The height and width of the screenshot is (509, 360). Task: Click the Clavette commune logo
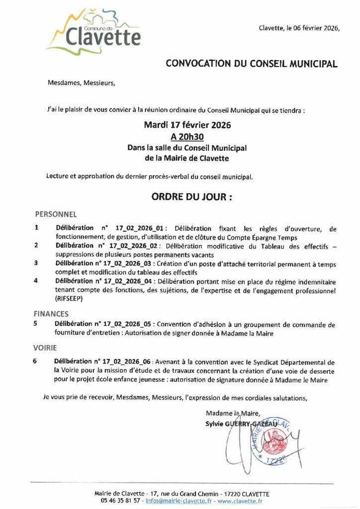click(93, 31)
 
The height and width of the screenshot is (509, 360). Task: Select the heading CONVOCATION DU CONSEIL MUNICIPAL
click(251, 64)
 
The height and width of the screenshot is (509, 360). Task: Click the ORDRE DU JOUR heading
click(191, 197)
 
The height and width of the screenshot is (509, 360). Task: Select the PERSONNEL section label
click(55, 215)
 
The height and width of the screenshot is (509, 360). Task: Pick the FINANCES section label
click(51, 314)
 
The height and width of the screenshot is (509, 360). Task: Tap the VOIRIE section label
click(46, 348)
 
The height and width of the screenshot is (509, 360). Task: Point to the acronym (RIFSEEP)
click(70, 299)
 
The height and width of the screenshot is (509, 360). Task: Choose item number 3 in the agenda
click(36, 263)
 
